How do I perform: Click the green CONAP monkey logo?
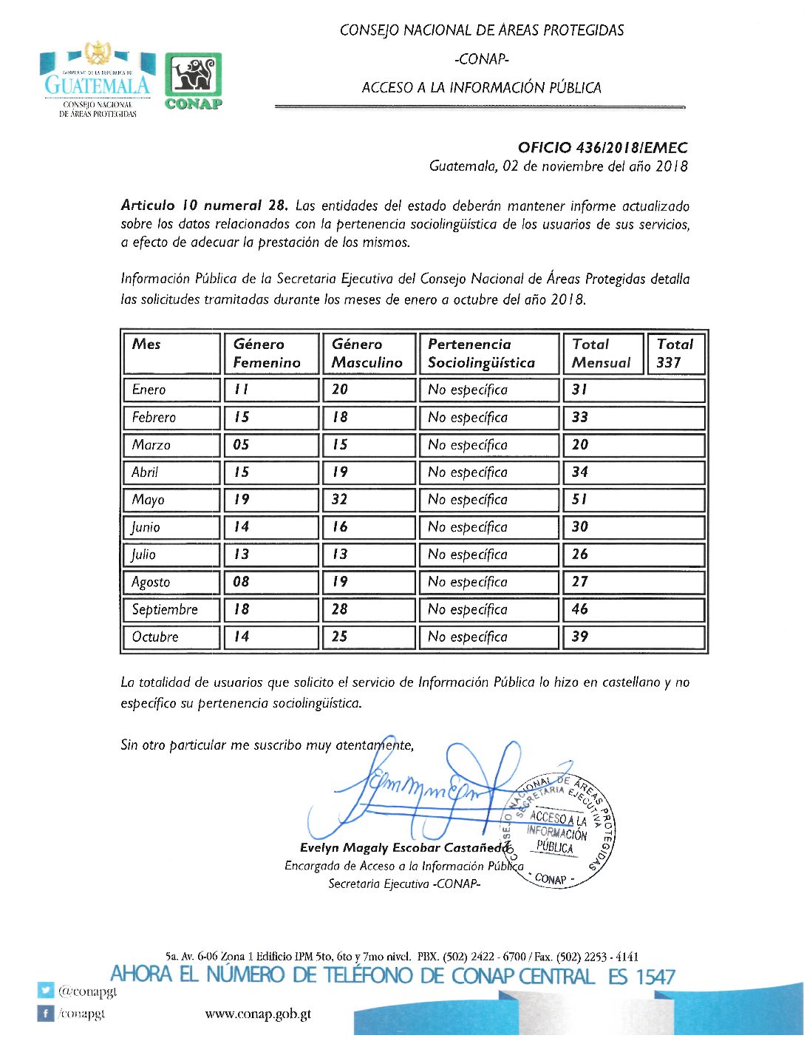193,81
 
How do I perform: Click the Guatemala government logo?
97,79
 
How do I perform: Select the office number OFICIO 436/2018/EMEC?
602,148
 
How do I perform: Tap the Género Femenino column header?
267,353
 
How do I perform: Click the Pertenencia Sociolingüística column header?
481,353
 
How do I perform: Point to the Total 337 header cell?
675,353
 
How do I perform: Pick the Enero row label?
149,390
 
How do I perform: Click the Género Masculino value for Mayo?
339,499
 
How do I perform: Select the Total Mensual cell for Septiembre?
580,609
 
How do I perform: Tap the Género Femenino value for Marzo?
242,444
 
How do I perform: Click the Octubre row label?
155,637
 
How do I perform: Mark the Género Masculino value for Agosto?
339,582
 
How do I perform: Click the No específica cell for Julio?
468,555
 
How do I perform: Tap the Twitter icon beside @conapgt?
46,990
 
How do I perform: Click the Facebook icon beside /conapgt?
46,1014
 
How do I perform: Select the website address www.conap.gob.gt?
258,1014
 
